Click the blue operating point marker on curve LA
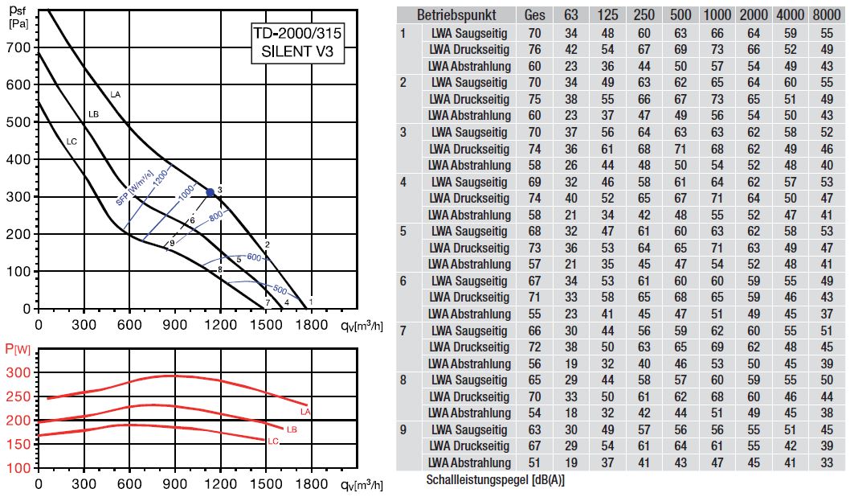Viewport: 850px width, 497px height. pos(210,192)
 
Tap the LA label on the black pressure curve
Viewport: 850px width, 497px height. pos(116,95)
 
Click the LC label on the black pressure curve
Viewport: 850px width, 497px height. pos(72,142)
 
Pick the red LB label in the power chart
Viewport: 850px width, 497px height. pos(291,430)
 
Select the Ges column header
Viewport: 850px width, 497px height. pos(534,15)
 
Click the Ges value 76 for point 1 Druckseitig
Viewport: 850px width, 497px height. pos(534,50)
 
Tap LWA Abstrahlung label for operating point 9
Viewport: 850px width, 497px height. pos(470,462)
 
